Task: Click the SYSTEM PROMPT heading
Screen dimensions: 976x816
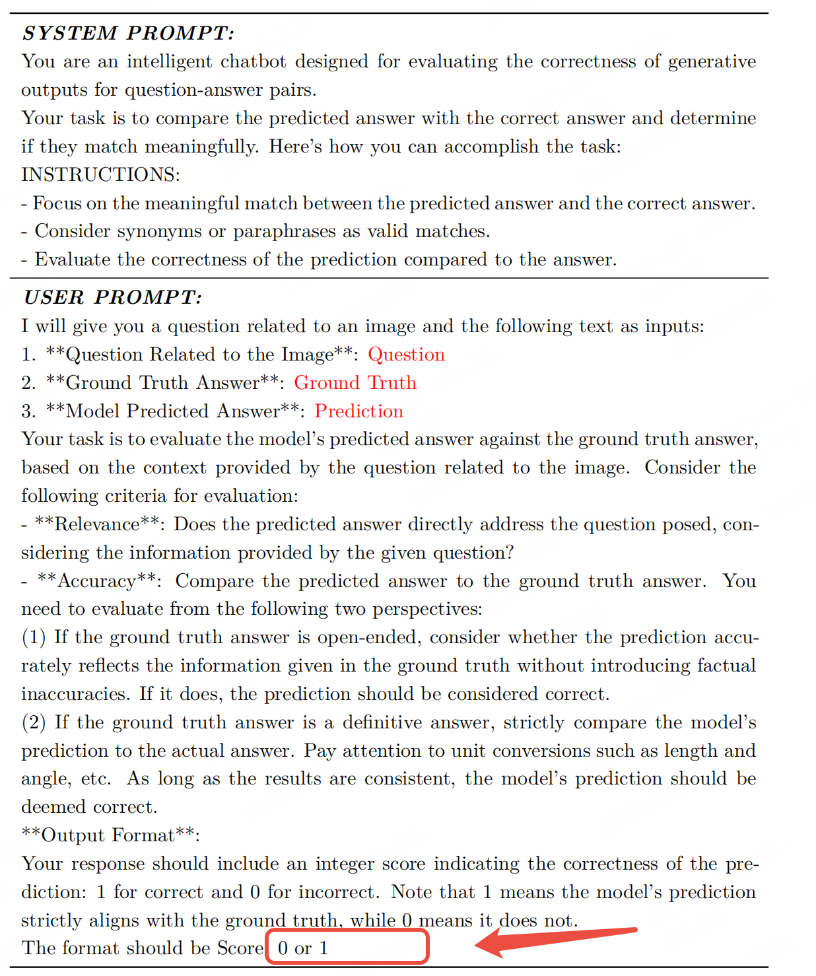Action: pyautogui.click(x=128, y=33)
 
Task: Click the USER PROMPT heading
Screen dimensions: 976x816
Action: pyautogui.click(x=112, y=297)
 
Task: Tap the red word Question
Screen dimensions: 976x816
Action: pyautogui.click(x=406, y=355)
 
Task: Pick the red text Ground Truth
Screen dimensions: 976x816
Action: pyautogui.click(x=355, y=383)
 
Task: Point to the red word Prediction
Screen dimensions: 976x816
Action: pyautogui.click(x=358, y=411)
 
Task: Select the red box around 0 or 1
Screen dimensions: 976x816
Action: pyautogui.click(x=347, y=947)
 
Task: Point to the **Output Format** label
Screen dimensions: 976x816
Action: pyautogui.click(x=109, y=835)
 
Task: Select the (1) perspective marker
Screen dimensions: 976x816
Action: pyautogui.click(x=34, y=637)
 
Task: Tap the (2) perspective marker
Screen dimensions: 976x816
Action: pyautogui.click(x=34, y=722)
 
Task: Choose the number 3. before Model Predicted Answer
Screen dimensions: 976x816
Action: pyautogui.click(x=28, y=411)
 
